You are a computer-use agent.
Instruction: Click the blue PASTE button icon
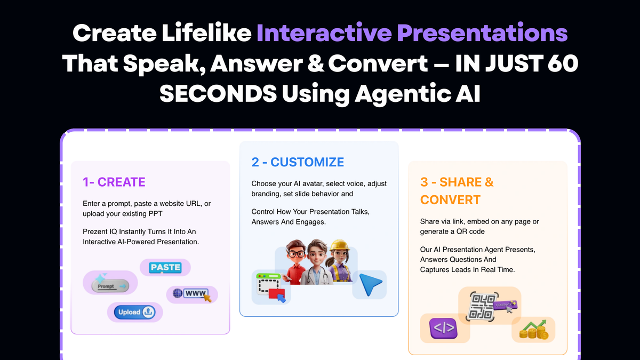click(x=165, y=267)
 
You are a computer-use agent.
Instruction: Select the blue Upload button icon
click(x=135, y=312)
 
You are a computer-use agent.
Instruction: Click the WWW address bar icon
click(x=193, y=294)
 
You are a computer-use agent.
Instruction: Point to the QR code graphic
click(x=481, y=307)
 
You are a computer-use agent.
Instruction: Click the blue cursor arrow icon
click(x=370, y=285)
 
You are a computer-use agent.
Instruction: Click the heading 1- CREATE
click(x=114, y=182)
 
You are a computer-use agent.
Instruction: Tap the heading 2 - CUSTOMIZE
click(x=298, y=162)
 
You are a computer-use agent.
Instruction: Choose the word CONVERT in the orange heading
click(x=450, y=200)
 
